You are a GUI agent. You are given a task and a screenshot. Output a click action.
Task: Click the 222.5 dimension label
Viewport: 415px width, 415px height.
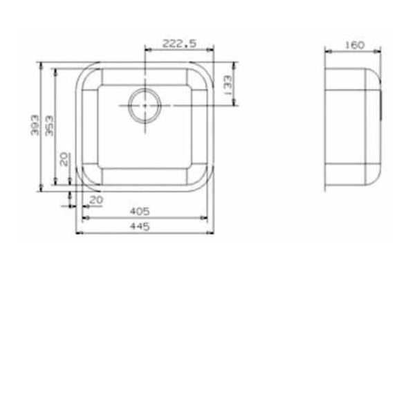point(179,44)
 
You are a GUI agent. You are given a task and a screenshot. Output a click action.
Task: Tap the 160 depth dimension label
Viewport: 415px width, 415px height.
point(354,45)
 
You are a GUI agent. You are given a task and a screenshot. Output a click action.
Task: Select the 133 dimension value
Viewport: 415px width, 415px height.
point(228,85)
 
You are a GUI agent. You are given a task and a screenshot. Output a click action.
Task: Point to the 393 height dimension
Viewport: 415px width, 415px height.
point(35,125)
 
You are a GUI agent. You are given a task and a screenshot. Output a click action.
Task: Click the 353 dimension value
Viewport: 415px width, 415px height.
point(49,126)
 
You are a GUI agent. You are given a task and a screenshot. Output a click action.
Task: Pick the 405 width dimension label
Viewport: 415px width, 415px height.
point(140,211)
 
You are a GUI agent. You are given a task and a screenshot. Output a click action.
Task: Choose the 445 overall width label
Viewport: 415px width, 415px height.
point(140,226)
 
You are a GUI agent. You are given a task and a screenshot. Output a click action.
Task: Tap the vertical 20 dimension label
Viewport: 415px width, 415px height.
point(64,159)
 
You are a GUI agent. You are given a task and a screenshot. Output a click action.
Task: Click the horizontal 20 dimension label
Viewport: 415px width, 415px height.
point(96,200)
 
